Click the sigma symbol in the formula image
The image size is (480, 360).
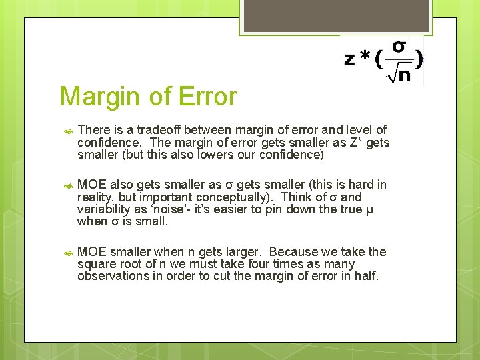point(398,47)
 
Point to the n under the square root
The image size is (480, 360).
point(402,75)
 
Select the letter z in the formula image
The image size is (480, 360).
point(349,59)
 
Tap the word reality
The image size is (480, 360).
point(95,197)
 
